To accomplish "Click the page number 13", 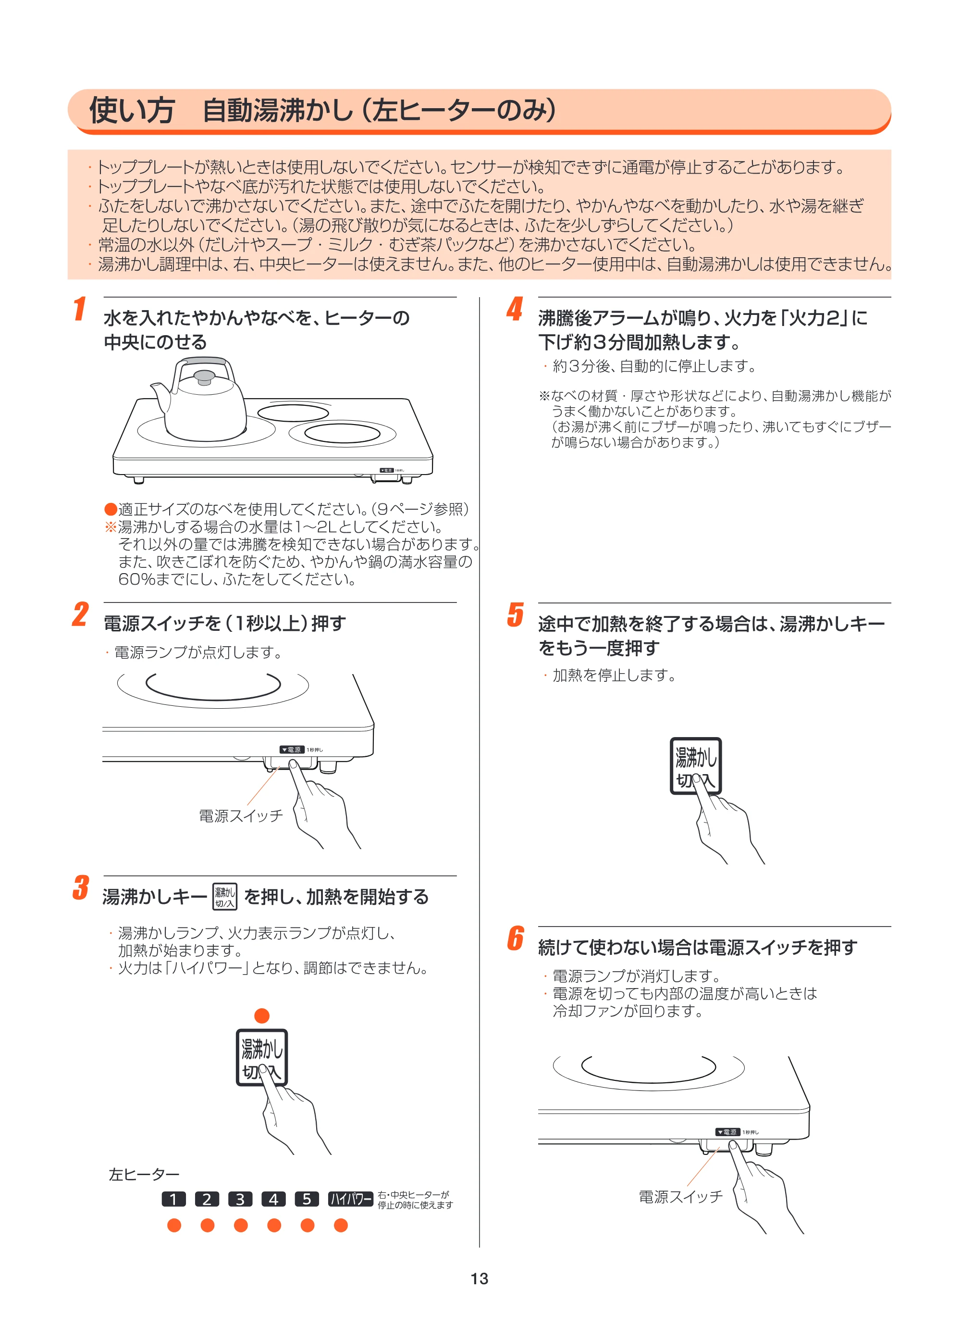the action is [x=480, y=1279].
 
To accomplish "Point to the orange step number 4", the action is [x=515, y=309].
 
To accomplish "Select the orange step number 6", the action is [x=515, y=939].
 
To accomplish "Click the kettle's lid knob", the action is [x=204, y=377].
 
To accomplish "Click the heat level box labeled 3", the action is [x=240, y=1199].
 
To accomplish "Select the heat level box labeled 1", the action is [x=173, y=1199].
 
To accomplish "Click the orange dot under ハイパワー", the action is [x=341, y=1225].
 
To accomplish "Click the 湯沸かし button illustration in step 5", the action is [x=695, y=766].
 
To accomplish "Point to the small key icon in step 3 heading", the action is [x=224, y=896].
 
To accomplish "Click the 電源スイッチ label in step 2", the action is [x=241, y=815].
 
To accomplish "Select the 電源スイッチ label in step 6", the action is [x=681, y=1196].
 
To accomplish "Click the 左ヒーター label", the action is [x=144, y=1175].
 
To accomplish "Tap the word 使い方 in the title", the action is [x=132, y=110].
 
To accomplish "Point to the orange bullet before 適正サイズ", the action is [x=111, y=509].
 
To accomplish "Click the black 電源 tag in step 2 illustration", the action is [x=292, y=750].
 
